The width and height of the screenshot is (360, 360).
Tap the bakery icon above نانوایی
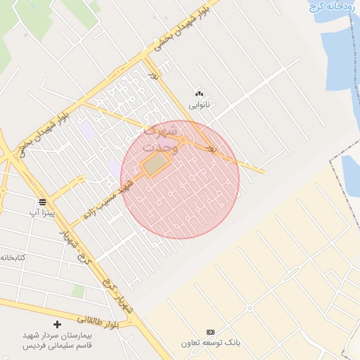click(199, 94)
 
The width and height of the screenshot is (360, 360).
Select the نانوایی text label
click(199, 105)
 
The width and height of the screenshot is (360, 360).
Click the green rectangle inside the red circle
click(157, 165)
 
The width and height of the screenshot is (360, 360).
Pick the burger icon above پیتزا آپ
click(41, 200)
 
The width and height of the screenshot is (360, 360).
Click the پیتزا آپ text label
click(41, 211)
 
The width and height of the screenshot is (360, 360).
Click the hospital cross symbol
click(58, 324)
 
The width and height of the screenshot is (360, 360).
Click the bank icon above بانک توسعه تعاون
click(210, 331)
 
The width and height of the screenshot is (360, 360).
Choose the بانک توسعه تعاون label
click(210, 343)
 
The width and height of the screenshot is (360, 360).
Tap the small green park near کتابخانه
click(78, 290)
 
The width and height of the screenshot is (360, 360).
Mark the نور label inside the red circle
click(209, 148)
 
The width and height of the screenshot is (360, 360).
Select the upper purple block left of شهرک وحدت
click(88, 131)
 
